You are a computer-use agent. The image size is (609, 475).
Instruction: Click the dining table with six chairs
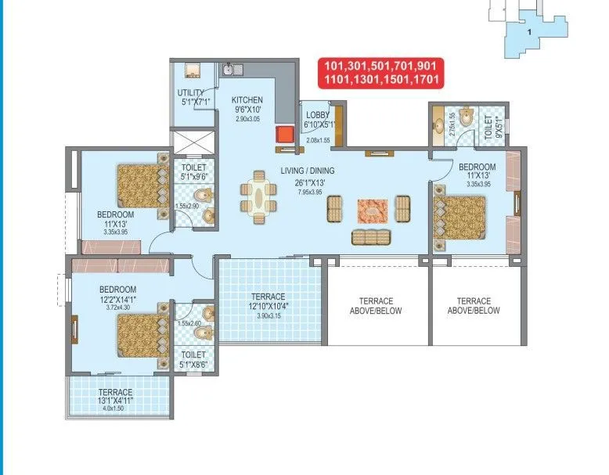259,196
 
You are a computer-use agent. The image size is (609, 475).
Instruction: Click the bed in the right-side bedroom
460,218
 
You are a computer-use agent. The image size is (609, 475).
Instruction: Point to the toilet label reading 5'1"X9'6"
193,171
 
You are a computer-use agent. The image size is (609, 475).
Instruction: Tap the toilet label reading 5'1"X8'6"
193,358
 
